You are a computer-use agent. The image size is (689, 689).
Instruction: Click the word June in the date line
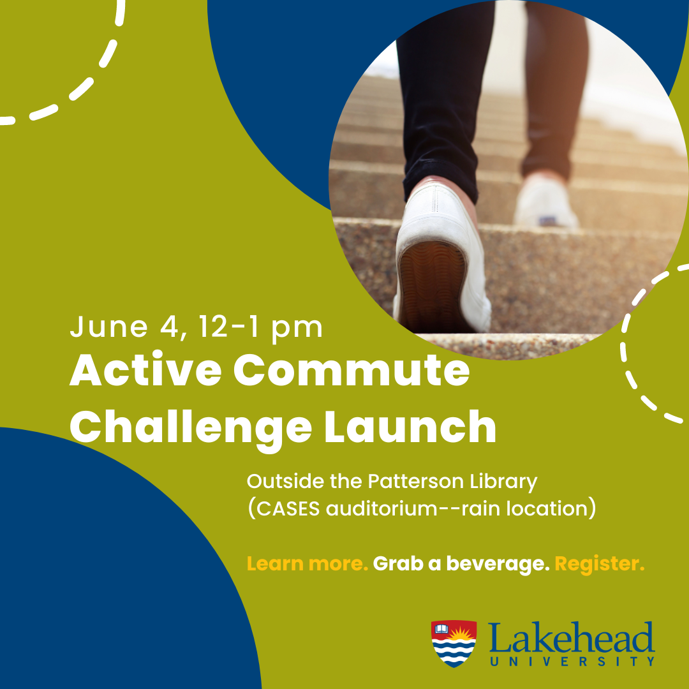pos(108,327)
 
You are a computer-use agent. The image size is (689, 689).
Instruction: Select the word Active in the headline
pos(145,371)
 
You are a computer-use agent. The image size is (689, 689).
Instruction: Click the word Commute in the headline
pos(352,371)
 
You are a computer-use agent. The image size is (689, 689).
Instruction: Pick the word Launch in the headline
pos(410,426)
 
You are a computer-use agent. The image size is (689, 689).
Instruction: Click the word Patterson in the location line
pos(415,481)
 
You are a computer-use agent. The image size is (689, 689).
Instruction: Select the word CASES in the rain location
pos(288,508)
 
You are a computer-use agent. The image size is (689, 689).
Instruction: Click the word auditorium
pos(382,508)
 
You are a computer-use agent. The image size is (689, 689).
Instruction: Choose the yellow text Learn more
pos(307,563)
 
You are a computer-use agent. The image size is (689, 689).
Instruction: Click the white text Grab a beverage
pos(461,564)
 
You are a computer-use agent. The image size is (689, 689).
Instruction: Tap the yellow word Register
pos(599,564)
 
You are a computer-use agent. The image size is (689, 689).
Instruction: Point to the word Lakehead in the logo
pos(571,637)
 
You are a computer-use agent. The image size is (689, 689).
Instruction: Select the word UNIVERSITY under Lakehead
pos(572,662)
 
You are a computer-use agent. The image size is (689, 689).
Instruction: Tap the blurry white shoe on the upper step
pos(545,201)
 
